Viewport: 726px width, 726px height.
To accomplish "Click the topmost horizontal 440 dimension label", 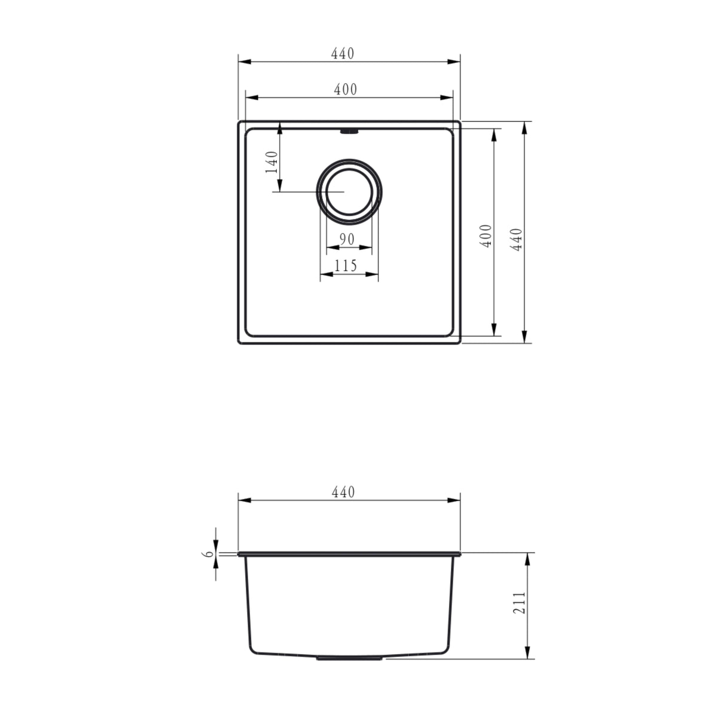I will point(343,53).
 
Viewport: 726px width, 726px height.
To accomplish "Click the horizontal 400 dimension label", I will point(346,90).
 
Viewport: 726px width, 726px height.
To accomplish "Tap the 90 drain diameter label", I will point(346,239).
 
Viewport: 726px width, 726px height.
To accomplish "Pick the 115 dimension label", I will point(346,266).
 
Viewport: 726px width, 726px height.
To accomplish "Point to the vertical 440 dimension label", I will point(517,239).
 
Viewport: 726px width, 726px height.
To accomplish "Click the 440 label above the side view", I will point(343,493).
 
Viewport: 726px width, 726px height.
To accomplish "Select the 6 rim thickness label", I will point(209,554).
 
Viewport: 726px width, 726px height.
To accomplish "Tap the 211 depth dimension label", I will point(520,603).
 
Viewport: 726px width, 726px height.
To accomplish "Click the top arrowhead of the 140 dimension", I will point(279,127).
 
